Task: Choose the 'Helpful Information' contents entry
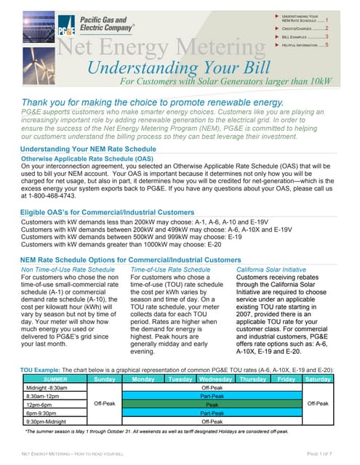tap(305, 45)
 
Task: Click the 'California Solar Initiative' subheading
tap(272, 269)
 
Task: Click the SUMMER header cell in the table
tap(56, 379)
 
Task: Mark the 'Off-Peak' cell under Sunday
tap(105, 403)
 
